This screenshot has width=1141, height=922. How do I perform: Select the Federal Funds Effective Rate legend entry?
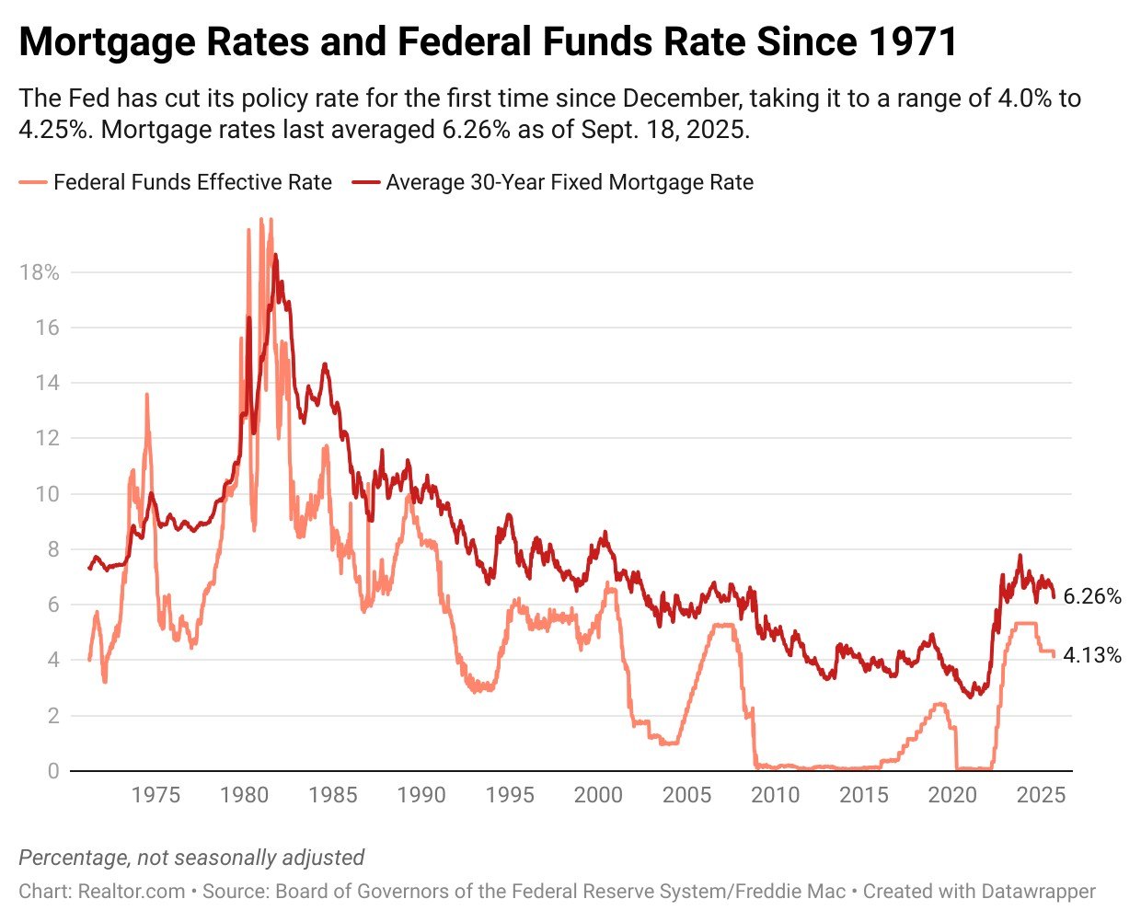(x=192, y=182)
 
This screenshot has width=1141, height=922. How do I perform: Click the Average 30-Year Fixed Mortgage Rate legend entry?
(x=569, y=182)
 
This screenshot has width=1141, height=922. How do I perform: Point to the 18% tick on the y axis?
(x=39, y=272)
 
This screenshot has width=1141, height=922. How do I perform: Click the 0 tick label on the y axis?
(x=52, y=771)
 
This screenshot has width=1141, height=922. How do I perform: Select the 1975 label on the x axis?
(x=156, y=795)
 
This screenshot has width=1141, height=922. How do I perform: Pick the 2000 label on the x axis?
(x=598, y=795)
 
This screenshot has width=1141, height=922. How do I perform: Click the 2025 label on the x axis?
(x=1041, y=795)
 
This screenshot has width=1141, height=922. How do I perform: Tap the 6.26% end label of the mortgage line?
(x=1092, y=596)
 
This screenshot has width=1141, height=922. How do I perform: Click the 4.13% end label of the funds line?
(x=1092, y=655)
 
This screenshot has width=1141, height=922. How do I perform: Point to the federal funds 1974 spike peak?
(x=146, y=395)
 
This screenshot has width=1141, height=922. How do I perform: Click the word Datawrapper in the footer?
(x=1038, y=891)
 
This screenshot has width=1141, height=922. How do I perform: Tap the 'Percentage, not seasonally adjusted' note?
(x=191, y=858)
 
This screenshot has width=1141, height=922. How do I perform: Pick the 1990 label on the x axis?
(x=421, y=795)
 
